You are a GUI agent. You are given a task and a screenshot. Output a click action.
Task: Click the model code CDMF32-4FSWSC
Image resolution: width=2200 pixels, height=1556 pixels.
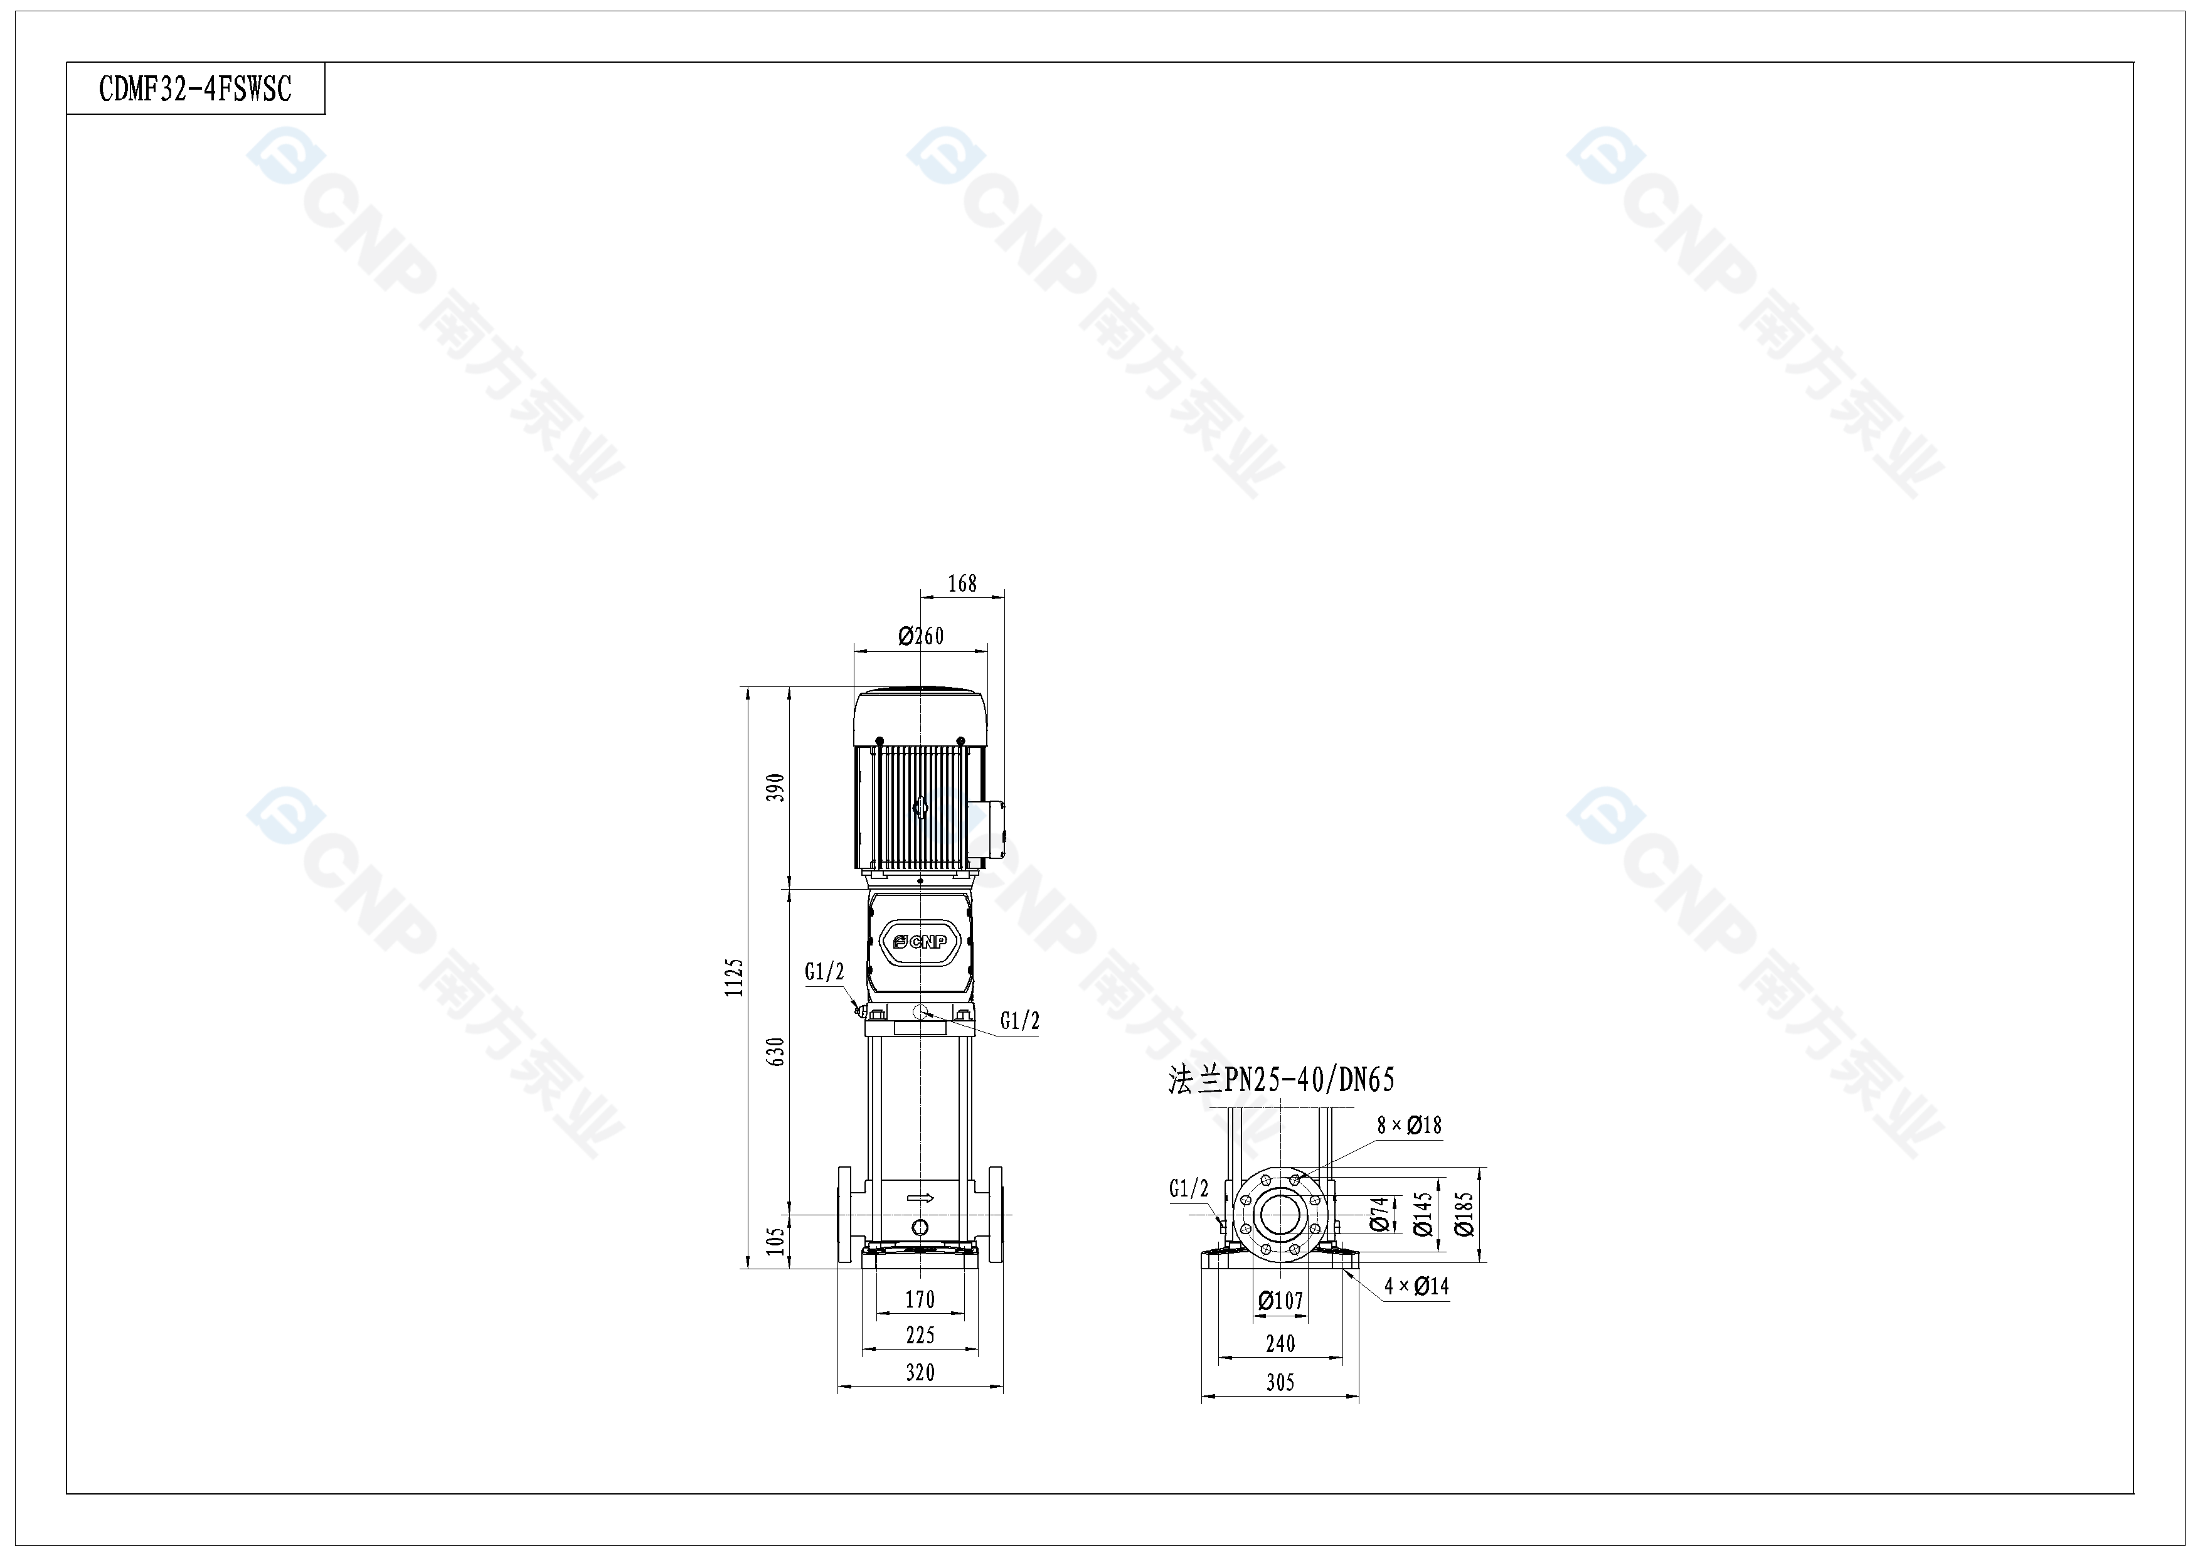(196, 89)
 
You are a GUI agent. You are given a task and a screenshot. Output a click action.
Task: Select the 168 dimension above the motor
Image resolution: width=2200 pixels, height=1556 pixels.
(962, 583)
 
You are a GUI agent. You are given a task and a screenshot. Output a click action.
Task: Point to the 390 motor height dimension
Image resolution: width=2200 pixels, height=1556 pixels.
(776, 787)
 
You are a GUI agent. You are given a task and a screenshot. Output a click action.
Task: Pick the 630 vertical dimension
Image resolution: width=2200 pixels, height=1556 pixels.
(776, 1051)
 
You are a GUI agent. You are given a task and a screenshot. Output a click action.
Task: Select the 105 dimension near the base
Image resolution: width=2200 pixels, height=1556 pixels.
(776, 1241)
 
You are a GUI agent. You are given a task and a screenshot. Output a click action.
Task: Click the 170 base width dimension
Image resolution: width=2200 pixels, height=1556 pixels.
(920, 1299)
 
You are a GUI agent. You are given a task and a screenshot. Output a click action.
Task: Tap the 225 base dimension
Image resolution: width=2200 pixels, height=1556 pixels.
(920, 1335)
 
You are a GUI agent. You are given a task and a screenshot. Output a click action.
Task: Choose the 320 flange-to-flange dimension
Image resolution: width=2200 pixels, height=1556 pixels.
(920, 1372)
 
